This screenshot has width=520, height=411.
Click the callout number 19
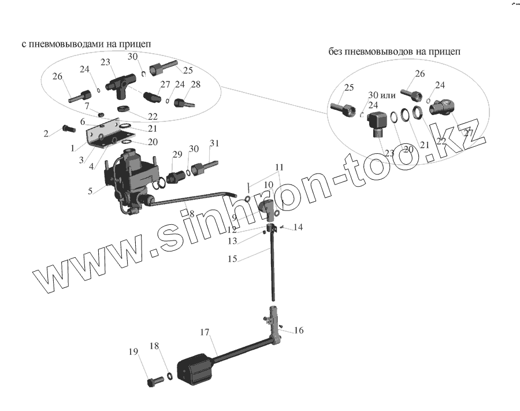pyautogui.click(x=133, y=352)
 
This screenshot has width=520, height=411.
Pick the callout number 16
pyautogui.click(x=298, y=331)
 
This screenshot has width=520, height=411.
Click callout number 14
pyautogui.click(x=298, y=227)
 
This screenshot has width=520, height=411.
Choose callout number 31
pyautogui.click(x=214, y=143)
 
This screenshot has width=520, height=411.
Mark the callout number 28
pyautogui.click(x=195, y=84)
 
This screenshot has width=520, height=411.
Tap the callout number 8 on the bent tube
pyautogui.click(x=191, y=213)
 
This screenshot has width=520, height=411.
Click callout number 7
pyautogui.click(x=87, y=106)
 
